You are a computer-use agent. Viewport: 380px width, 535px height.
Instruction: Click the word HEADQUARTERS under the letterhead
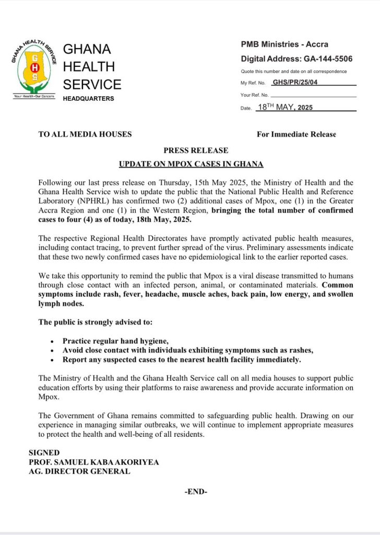[88, 99]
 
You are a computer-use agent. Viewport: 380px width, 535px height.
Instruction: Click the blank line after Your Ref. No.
[313, 96]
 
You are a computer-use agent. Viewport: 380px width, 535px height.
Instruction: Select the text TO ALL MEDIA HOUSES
[85, 134]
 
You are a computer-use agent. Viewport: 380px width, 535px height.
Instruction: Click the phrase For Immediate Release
[296, 134]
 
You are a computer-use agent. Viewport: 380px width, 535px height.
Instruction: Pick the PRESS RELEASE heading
[191, 150]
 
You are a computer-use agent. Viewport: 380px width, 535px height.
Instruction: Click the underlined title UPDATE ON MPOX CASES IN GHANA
[191, 164]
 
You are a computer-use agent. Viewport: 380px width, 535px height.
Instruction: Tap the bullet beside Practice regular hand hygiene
[52, 341]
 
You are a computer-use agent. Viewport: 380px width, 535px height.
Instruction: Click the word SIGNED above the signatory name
[44, 452]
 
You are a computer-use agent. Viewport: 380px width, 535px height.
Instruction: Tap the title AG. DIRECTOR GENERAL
[79, 471]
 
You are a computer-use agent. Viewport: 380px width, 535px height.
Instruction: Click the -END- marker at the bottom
[196, 492]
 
